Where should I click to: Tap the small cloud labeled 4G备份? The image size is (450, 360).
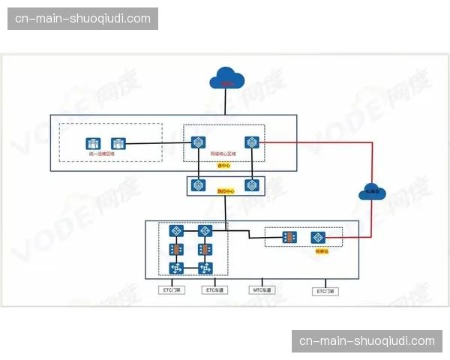point(372,191)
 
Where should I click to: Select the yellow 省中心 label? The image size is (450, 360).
point(223,165)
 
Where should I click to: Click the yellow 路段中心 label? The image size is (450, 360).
point(225,191)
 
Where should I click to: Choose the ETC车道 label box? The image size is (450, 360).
point(215,289)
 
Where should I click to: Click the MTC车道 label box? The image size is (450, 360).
point(263,289)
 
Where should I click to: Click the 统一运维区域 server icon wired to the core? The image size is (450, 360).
point(118,143)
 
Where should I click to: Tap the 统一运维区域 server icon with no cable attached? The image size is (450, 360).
point(93,143)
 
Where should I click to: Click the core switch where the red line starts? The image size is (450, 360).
point(250,142)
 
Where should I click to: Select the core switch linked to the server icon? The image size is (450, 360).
point(199,142)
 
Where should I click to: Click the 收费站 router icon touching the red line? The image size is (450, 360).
point(317,237)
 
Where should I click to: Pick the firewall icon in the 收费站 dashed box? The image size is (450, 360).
point(289,237)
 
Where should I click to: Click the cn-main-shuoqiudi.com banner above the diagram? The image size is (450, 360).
point(83,18)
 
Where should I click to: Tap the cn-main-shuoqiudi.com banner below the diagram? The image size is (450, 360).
point(367,341)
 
